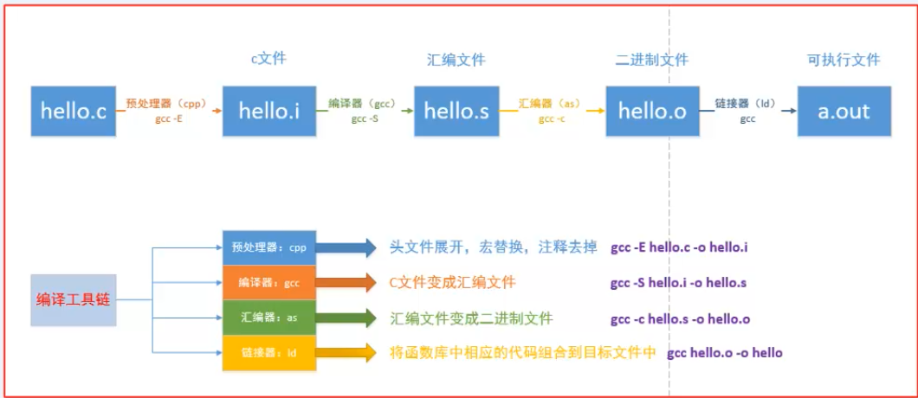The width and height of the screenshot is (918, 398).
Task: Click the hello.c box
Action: (74, 112)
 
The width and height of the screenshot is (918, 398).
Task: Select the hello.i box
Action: (269, 112)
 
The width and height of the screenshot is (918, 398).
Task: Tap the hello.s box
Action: (456, 112)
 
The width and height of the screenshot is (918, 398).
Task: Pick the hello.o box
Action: (653, 112)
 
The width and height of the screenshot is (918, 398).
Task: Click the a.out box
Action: (844, 112)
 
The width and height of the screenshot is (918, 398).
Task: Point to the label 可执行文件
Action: (844, 60)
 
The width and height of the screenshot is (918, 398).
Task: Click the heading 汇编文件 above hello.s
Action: (456, 60)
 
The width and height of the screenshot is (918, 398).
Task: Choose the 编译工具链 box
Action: (74, 300)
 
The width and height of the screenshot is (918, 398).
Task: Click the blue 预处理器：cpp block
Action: (269, 247)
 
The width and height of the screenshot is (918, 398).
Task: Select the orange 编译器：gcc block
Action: (269, 283)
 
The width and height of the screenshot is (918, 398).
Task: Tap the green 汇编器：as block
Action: (269, 318)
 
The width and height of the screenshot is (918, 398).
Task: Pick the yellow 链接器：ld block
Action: (269, 353)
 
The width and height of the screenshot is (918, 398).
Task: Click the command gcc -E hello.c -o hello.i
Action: (679, 247)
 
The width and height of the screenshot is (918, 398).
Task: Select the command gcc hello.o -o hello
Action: (725, 353)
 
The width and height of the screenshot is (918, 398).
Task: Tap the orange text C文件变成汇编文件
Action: (453, 283)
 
